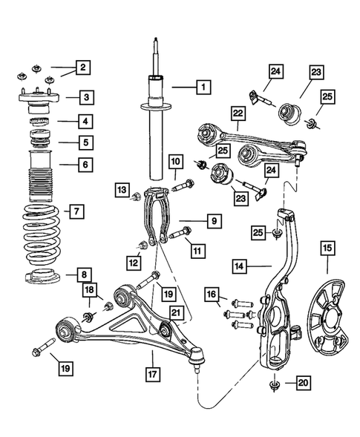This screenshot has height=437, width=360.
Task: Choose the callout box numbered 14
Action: pyautogui.click(x=238, y=263)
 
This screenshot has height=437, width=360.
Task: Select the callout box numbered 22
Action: pyautogui.click(x=237, y=113)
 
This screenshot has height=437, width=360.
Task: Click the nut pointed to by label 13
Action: pyautogui.click(x=137, y=197)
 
